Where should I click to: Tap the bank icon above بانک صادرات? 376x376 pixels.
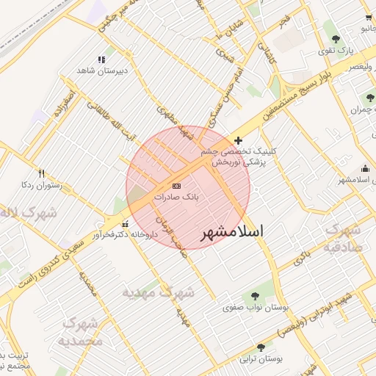click(x=176, y=186)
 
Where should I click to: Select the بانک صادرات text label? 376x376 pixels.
click(x=176, y=198)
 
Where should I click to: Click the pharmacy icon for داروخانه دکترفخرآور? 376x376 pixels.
click(x=125, y=224)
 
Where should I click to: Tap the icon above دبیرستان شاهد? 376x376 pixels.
click(x=101, y=59)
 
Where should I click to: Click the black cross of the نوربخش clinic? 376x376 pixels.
click(x=238, y=140)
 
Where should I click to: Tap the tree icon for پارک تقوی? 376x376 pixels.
click(x=336, y=39)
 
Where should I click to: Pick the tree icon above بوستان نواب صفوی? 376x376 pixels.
click(x=255, y=296)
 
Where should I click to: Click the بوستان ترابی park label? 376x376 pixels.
click(x=261, y=360)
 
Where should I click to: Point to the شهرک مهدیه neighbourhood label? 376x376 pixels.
click(x=159, y=293)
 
